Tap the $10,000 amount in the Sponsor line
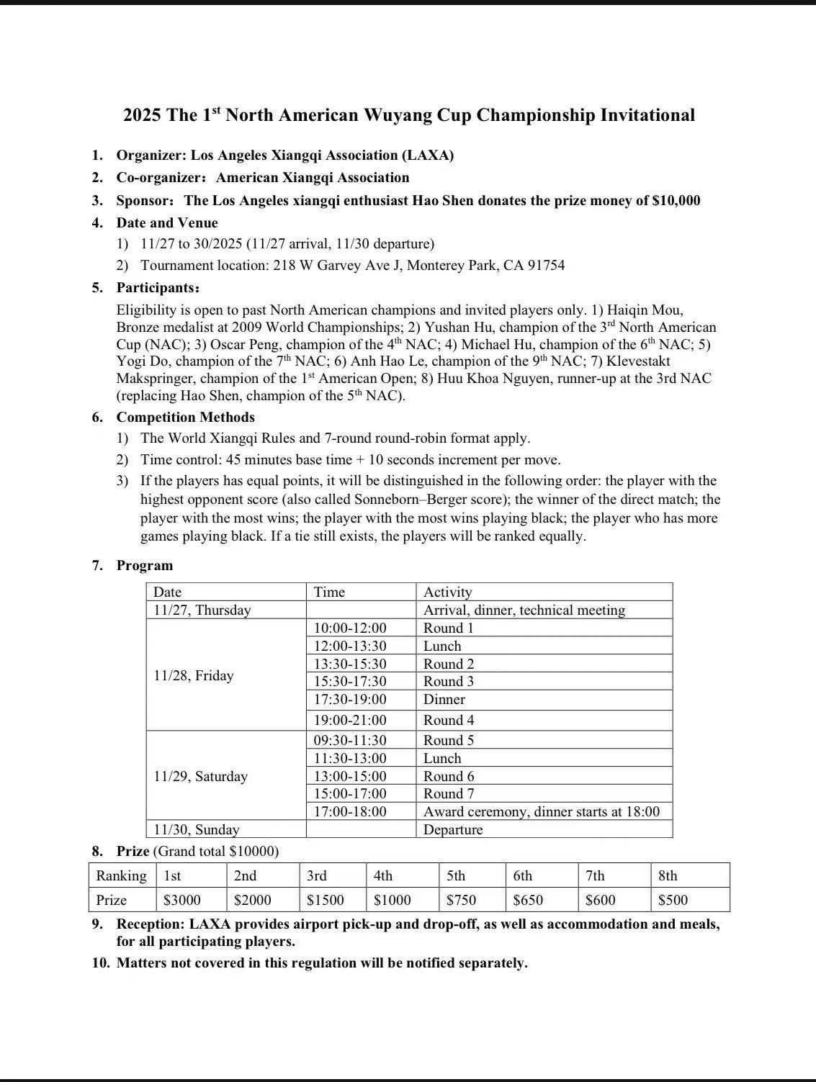pyautogui.click(x=676, y=201)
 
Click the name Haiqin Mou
pyautogui.click(x=637, y=310)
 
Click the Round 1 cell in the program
pyautogui.click(x=448, y=628)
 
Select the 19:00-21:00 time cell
pyautogui.click(x=350, y=720)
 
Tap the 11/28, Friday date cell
pyautogui.click(x=194, y=675)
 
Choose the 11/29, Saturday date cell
pyautogui.click(x=200, y=776)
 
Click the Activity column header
pyautogui.click(x=447, y=592)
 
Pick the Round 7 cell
pyautogui.click(x=448, y=794)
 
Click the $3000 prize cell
pyautogui.click(x=182, y=900)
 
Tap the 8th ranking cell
pyautogui.click(x=668, y=876)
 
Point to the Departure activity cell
pyautogui.click(x=453, y=829)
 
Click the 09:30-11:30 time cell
pyautogui.click(x=350, y=740)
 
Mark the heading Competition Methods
pyautogui.click(x=186, y=418)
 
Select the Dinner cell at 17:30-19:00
pyautogui.click(x=444, y=699)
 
